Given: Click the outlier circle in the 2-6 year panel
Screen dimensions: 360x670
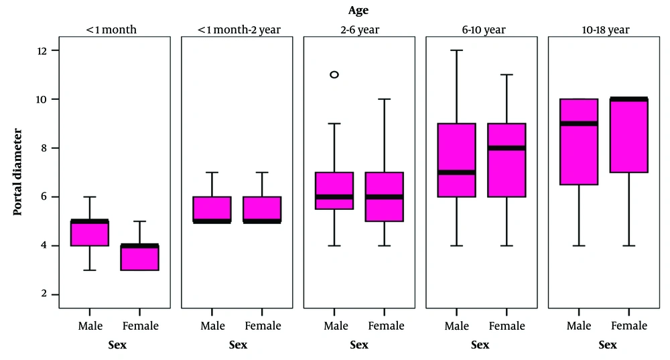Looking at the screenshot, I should (x=334, y=74).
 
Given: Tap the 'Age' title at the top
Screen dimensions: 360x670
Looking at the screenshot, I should (x=358, y=10).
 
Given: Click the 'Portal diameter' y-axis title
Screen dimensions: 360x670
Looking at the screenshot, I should (x=18, y=172).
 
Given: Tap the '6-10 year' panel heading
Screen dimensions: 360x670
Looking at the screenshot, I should (x=481, y=29).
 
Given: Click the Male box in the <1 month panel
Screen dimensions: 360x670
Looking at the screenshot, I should (x=90, y=233).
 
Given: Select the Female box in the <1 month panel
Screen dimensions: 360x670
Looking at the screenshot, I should (x=140, y=258).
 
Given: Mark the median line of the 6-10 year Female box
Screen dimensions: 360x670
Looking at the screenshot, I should (x=507, y=148).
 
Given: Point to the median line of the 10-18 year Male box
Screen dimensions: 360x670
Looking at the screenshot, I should (x=579, y=123).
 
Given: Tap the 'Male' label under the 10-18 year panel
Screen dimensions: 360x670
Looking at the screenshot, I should (x=579, y=326).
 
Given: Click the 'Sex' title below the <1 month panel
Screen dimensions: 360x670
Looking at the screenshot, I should (x=115, y=345).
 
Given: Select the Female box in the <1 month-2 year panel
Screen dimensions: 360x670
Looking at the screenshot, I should (x=262, y=209).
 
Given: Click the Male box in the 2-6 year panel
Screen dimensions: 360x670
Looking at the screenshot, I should (x=334, y=191).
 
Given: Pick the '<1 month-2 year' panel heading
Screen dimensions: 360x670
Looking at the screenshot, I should (x=237, y=29).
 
